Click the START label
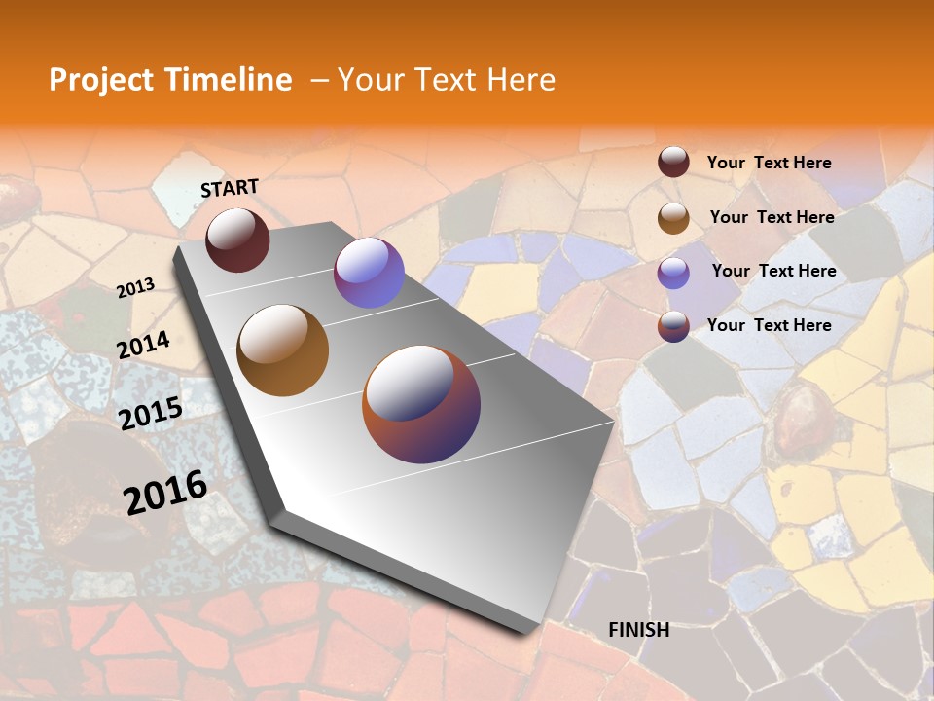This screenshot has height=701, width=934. [x=230, y=188]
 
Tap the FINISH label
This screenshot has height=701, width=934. [x=638, y=630]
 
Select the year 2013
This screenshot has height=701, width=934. [x=135, y=288]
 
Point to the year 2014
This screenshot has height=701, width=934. [x=143, y=346]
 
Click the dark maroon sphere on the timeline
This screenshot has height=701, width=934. [x=237, y=240]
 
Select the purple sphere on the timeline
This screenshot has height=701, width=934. [x=369, y=273]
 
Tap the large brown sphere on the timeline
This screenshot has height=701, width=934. [x=282, y=350]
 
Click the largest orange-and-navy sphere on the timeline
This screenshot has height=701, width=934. [x=421, y=404]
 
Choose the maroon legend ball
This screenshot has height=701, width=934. [x=673, y=163]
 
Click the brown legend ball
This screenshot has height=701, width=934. [x=673, y=218]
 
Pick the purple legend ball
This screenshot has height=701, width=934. [x=673, y=273]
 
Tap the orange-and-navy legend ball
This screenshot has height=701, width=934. [x=673, y=326]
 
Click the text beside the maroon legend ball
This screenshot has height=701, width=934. [x=769, y=163]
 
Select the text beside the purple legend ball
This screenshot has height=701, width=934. [x=773, y=271]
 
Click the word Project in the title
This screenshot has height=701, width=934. [x=101, y=80]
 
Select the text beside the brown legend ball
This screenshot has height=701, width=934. [x=772, y=217]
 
